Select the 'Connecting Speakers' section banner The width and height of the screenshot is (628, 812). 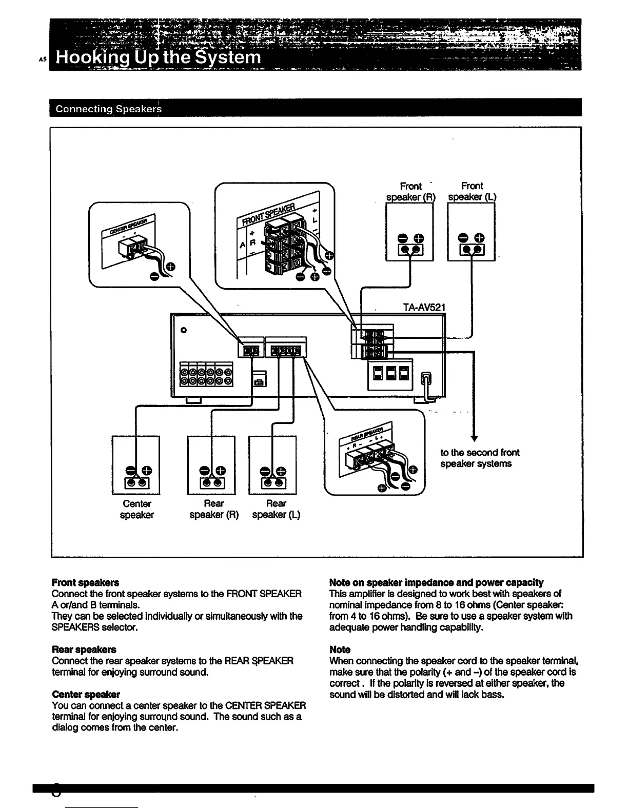[108, 109]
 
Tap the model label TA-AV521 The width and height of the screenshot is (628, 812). [424, 308]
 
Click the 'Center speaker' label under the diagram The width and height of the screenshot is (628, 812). [137, 509]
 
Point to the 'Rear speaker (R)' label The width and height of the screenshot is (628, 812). [214, 509]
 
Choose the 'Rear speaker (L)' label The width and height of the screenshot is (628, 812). [276, 509]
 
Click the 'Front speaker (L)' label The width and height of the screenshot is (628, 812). [472, 191]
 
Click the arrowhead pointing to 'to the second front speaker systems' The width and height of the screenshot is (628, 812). [474, 437]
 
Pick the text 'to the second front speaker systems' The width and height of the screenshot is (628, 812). [479, 458]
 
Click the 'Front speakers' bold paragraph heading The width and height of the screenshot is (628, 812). [85, 582]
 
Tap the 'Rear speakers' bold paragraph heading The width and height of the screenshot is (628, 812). [84, 649]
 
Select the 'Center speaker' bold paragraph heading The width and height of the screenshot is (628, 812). [86, 695]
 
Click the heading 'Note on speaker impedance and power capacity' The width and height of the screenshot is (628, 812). [436, 582]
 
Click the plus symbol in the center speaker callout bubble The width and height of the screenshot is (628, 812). [170, 266]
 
